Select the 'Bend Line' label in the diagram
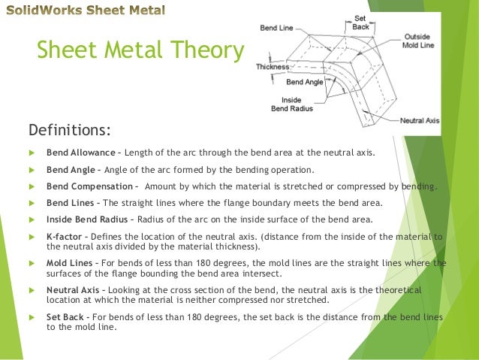277,29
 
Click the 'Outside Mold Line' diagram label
417,41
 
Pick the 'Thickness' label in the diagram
272,66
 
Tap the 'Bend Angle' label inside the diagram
305,81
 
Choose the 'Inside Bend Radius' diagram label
291,104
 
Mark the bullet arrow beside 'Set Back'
31,316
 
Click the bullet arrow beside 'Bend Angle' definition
31,169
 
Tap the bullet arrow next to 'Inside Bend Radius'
31,220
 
